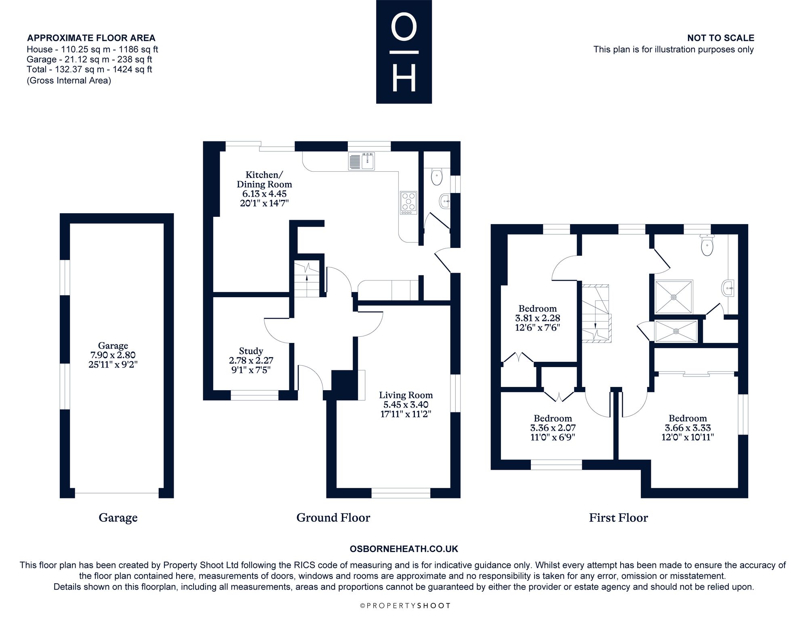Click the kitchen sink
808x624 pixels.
362,161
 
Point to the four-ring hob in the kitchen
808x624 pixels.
408,203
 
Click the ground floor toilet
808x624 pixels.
437,176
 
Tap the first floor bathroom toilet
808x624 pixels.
707,245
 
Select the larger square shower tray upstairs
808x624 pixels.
673,297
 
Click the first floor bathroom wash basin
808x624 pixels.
727,288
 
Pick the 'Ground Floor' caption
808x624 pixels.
333,517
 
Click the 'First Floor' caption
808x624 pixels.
618,517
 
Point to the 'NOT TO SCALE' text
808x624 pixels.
721,38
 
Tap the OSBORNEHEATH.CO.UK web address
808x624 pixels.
404,549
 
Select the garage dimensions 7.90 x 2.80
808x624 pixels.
113,355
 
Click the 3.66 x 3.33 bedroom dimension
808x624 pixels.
688,428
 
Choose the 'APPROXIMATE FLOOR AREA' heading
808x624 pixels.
91,38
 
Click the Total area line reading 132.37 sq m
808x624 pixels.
89,69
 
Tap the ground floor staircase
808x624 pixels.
307,279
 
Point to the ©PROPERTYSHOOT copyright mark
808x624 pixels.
405,605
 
